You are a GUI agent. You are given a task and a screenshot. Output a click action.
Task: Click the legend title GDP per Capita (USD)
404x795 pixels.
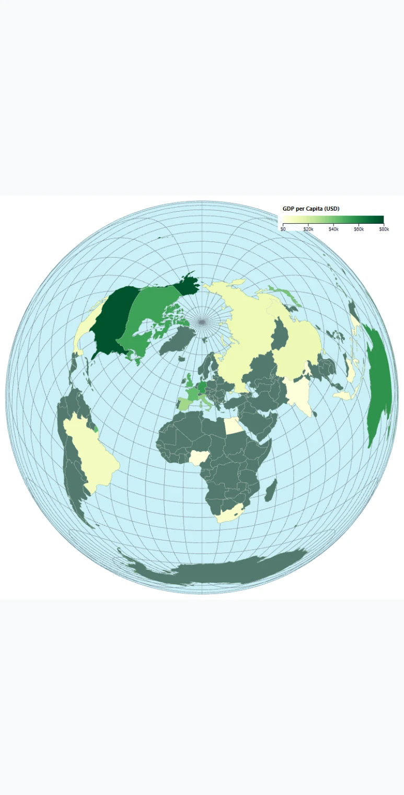[311, 209]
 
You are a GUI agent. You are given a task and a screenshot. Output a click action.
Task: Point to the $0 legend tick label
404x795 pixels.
[283, 229]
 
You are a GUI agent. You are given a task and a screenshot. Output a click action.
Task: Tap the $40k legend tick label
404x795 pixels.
[333, 229]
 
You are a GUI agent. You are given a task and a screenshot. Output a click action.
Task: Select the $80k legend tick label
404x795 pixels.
[384, 229]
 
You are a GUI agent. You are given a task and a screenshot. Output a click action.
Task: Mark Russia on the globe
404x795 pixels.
[246, 329]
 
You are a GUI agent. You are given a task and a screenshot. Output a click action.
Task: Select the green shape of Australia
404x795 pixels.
[379, 387]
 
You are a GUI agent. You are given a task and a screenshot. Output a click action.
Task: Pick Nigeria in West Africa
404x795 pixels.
[199, 458]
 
